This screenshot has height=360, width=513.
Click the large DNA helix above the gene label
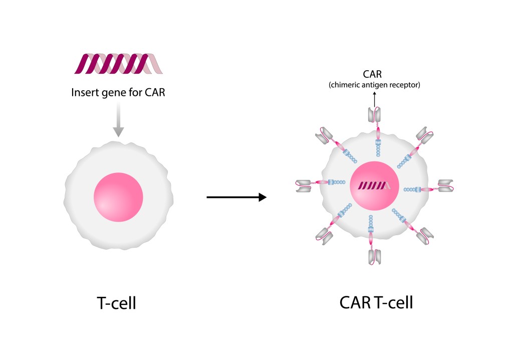118,64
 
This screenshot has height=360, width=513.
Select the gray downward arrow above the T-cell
118,119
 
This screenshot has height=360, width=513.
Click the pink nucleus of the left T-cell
118,197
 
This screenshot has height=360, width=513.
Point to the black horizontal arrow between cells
236,197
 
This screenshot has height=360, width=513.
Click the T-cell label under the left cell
116,303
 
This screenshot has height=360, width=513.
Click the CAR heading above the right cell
372,74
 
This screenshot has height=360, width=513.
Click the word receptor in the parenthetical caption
405,85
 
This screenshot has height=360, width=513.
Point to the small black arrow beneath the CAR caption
375,99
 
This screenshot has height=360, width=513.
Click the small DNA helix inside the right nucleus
374,186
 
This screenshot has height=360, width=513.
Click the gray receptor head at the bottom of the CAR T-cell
375,257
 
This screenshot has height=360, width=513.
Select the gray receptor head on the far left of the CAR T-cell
303,186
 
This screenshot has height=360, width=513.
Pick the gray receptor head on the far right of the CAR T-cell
445,186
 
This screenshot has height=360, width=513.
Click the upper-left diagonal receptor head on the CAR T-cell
324,135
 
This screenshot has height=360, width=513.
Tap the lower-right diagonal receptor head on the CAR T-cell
425,236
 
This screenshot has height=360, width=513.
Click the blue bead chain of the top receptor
378,148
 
